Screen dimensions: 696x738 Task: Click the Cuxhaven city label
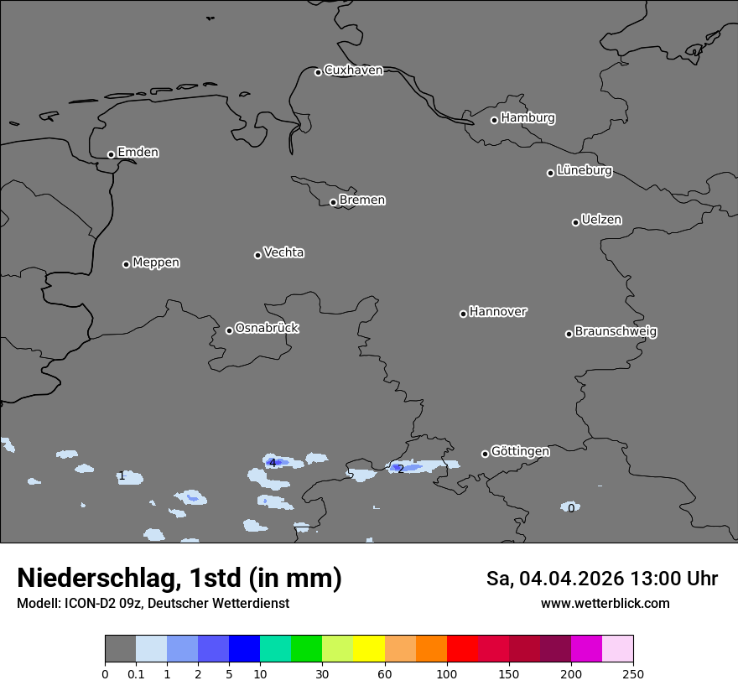click(x=353, y=70)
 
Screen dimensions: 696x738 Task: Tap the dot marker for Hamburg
click(x=494, y=120)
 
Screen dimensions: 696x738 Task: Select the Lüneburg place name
click(x=584, y=171)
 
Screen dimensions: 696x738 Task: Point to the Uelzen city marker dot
click(x=575, y=222)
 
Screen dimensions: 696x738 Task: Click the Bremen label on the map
click(x=362, y=200)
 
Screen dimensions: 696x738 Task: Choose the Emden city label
click(x=138, y=153)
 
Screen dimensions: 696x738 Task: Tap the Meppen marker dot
click(x=126, y=264)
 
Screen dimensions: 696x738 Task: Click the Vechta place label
click(x=283, y=252)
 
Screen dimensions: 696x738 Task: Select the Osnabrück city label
click(x=267, y=328)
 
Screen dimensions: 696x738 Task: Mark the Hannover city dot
click(x=463, y=314)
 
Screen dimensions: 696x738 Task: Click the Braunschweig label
click(x=616, y=332)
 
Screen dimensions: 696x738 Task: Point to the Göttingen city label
click(x=520, y=452)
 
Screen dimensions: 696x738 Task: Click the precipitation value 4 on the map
click(x=272, y=463)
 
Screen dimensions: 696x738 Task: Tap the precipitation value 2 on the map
click(x=401, y=469)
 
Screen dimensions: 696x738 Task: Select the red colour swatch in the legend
click(x=462, y=649)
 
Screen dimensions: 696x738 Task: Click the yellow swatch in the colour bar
click(x=369, y=649)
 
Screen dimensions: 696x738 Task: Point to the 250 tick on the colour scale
click(x=632, y=673)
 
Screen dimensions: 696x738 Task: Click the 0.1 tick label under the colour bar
click(x=136, y=673)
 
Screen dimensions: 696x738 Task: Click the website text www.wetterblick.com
click(x=605, y=604)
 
